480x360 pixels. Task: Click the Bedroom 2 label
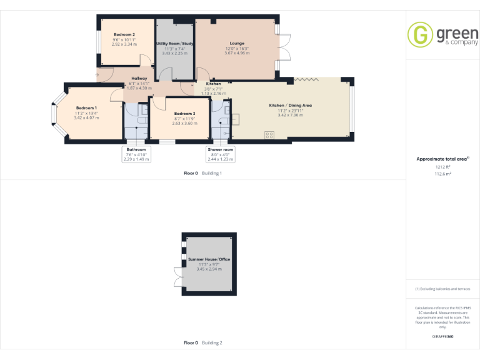pos(124,34)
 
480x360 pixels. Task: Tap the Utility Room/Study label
pos(174,44)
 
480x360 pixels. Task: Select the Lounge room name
pos(237,44)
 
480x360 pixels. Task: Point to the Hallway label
pos(139,78)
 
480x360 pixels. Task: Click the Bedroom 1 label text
pos(86,107)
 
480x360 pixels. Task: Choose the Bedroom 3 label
pos(184,113)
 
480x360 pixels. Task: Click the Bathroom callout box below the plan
pos(136,154)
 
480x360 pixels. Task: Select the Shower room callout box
pos(220,154)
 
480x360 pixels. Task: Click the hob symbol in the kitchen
pos(270,134)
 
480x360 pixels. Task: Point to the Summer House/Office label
pos(209,259)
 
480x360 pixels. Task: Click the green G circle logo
pos(420,34)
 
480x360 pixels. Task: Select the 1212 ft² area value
pos(442,167)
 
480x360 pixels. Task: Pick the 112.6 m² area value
pos(442,174)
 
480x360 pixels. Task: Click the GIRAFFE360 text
pos(442,336)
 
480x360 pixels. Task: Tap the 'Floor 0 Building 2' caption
pos(202,342)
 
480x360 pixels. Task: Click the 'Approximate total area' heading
pos(442,159)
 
